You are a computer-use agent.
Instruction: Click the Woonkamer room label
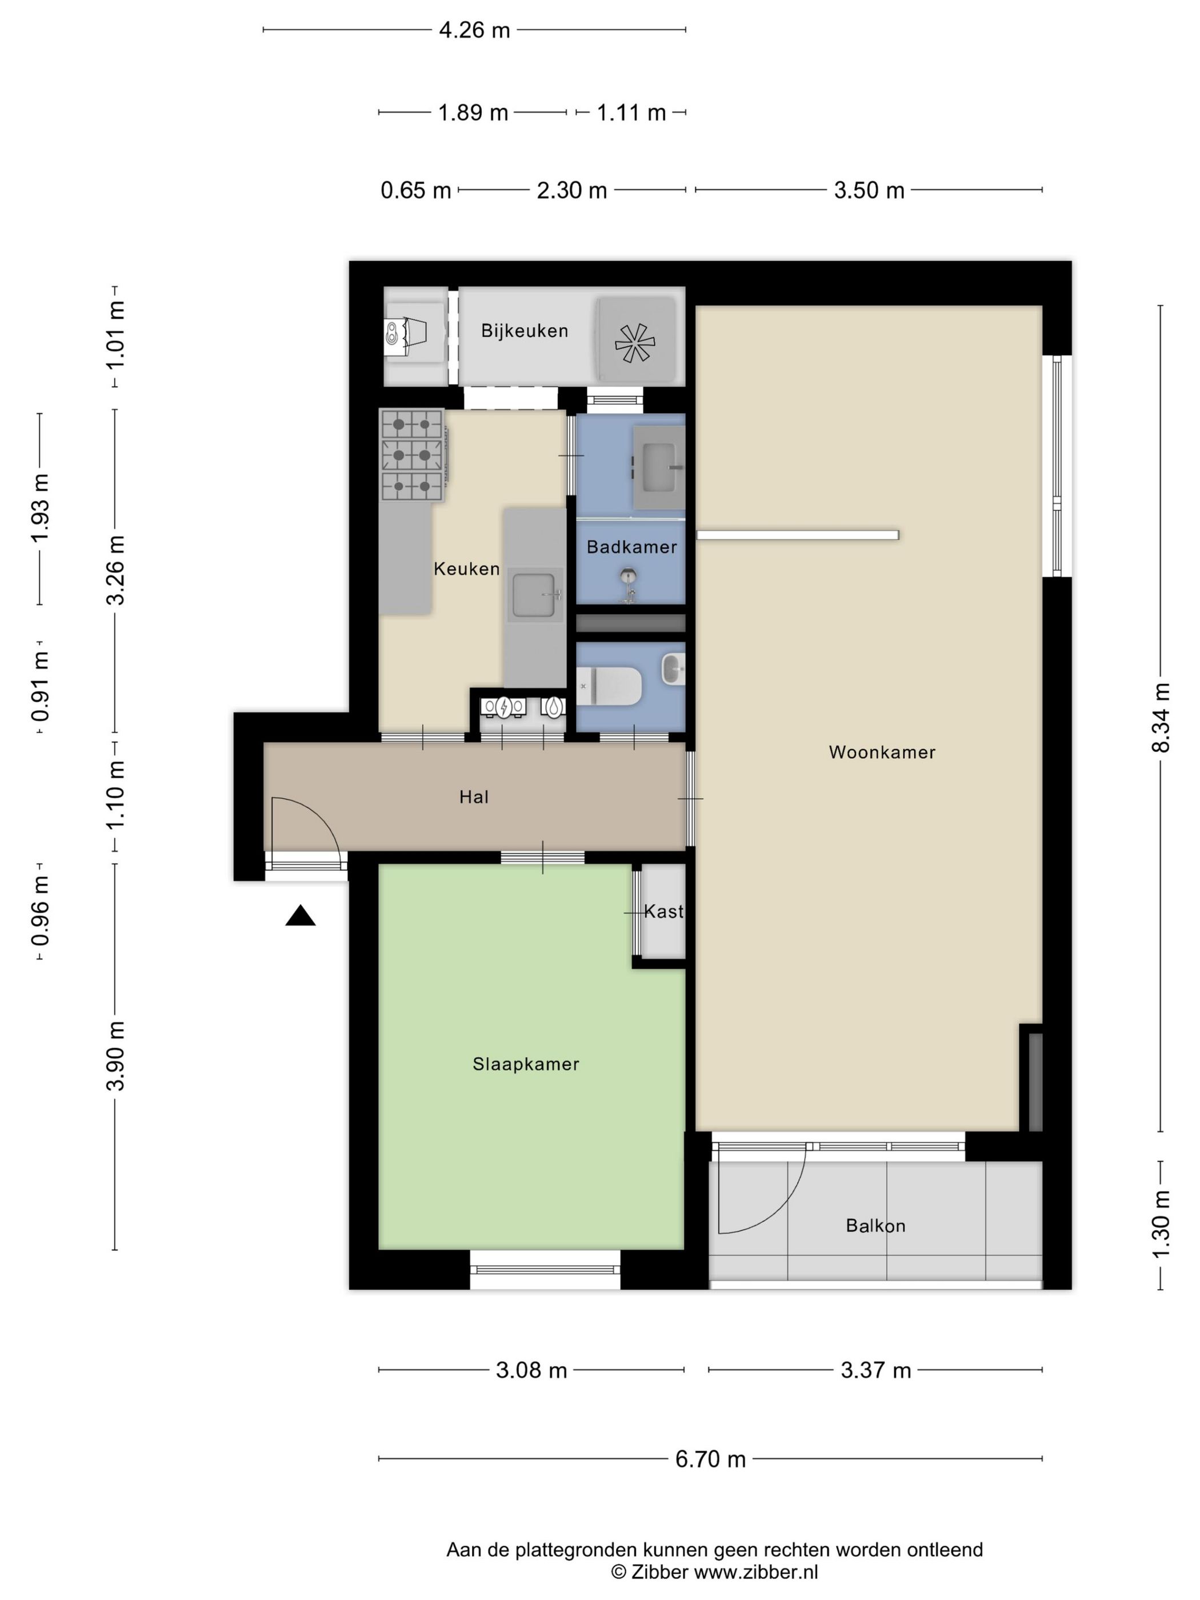[x=882, y=752]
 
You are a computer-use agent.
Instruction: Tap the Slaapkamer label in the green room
[x=526, y=1064]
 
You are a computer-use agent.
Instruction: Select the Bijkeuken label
[x=525, y=331]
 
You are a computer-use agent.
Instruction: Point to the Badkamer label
[x=631, y=547]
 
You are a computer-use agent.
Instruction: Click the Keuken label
[x=466, y=569]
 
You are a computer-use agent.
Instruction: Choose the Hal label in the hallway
[x=474, y=797]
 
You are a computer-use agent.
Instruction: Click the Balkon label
[x=875, y=1226]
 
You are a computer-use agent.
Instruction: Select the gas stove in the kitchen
[x=411, y=455]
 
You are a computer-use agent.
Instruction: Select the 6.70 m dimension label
[x=710, y=1459]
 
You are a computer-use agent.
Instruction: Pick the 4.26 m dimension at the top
[x=474, y=30]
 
